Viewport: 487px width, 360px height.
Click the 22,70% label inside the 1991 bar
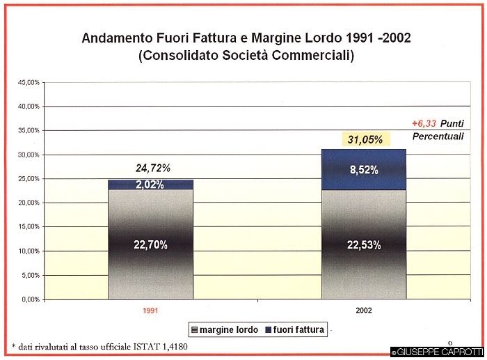tap(151, 244)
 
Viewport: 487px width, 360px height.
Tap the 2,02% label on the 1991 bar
tap(151, 185)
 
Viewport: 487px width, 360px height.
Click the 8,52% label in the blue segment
tap(364, 171)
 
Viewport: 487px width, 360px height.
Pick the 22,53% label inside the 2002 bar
tap(364, 244)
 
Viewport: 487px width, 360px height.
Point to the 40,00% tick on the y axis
tap(29, 107)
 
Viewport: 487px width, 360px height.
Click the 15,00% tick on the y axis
tap(29, 227)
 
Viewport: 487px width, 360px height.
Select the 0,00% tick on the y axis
tap(31, 299)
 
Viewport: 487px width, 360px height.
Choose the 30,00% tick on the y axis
tap(29, 155)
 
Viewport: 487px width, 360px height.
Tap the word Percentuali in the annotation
tap(439, 136)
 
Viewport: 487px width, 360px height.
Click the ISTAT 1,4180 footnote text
tap(160, 346)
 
